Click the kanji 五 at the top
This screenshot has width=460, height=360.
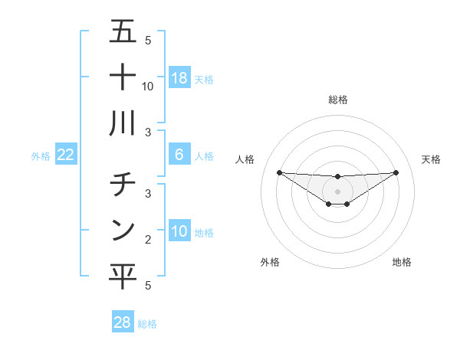[123, 32]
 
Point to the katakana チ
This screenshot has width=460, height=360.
[123, 185]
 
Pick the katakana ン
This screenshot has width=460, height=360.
[123, 230]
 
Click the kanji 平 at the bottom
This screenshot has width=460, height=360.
[123, 277]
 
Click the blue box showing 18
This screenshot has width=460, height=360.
[179, 78]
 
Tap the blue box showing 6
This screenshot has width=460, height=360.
[179, 155]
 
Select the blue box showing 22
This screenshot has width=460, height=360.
[66, 155]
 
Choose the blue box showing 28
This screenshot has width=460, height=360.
[123, 322]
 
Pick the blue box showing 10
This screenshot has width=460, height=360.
[179, 232]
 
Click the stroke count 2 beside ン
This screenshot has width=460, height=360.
[148, 240]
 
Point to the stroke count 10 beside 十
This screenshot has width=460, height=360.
[148, 87]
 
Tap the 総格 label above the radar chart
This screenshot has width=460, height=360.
[337, 100]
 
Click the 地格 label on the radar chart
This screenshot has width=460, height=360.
[402, 262]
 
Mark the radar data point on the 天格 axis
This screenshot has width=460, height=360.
[396, 172]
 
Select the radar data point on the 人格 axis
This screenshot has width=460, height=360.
[279, 172]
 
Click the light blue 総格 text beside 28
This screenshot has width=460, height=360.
[147, 324]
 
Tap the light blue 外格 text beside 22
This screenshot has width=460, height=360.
[41, 156]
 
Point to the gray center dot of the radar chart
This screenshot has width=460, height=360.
[337, 191]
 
